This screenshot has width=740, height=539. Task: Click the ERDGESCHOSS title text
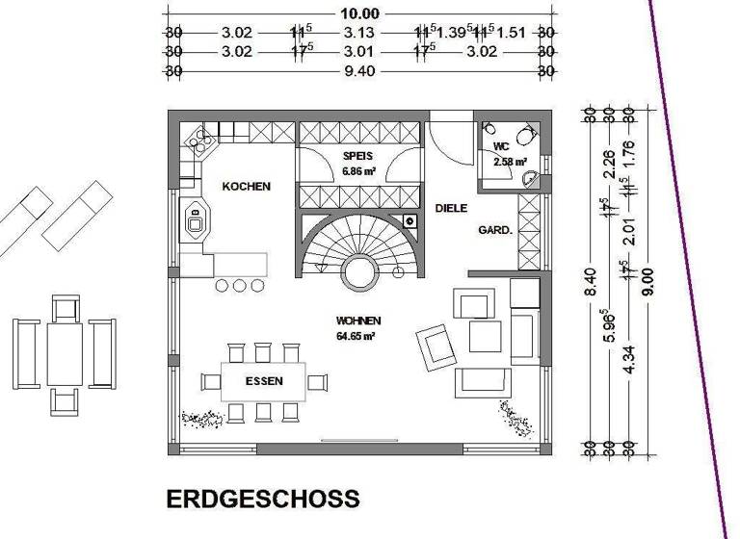263,500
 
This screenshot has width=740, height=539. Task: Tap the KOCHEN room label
247,187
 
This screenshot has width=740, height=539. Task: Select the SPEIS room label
357,155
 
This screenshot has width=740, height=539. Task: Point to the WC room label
501,146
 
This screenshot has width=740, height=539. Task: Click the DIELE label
451,208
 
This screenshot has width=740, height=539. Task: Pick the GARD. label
494,231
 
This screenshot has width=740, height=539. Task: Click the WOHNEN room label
357,321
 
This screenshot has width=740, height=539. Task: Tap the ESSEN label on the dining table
263,381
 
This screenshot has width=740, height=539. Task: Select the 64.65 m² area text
357,336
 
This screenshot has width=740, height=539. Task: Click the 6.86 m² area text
357,170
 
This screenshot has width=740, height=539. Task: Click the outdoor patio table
65,352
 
